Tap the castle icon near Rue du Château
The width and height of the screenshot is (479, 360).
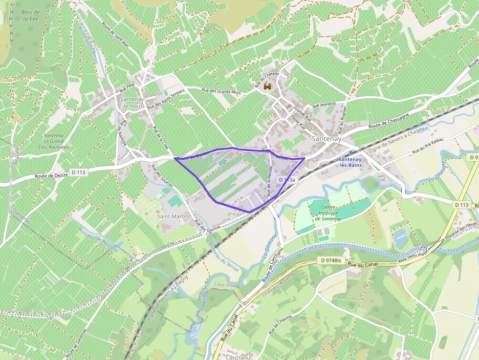267,86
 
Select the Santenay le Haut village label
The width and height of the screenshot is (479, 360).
132,103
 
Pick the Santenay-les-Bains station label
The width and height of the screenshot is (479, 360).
356,163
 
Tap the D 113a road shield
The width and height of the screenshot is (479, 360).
287,180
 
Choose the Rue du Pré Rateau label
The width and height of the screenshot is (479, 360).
428,146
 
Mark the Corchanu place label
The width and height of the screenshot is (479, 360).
238,357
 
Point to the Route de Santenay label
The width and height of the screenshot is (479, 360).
77,343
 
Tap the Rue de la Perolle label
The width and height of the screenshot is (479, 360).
269,181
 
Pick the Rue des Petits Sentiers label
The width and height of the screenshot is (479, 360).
166,98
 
